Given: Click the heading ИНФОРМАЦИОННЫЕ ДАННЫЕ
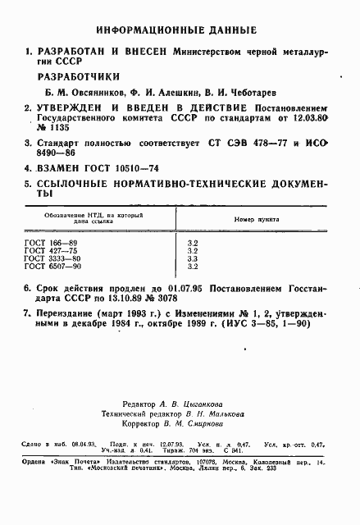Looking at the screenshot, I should coord(180,30).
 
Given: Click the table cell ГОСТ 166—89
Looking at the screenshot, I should coord(52,244).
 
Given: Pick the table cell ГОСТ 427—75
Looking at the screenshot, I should coord(52,252).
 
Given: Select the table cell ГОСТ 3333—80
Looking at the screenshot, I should coord(53,259).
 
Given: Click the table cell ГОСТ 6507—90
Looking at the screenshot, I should coord(53,267).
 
